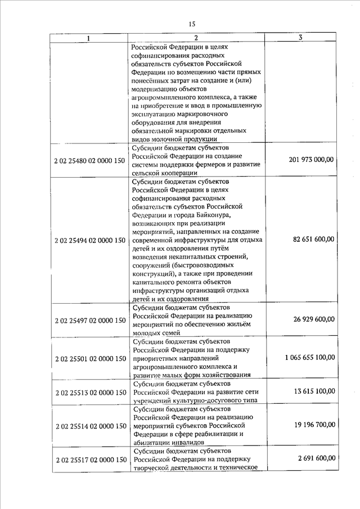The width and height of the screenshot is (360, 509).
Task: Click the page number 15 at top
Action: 191,24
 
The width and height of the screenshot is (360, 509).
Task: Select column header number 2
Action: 196,38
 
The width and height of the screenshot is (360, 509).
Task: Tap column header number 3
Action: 301,38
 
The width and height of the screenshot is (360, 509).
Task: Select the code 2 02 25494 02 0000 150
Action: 90,240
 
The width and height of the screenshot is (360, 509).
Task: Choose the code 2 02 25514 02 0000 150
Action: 90,426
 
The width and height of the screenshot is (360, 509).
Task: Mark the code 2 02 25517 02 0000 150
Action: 90,460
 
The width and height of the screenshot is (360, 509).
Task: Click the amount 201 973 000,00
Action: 309,160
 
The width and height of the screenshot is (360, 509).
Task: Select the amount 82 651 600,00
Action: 313,239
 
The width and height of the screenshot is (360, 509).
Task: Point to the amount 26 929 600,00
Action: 313,319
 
